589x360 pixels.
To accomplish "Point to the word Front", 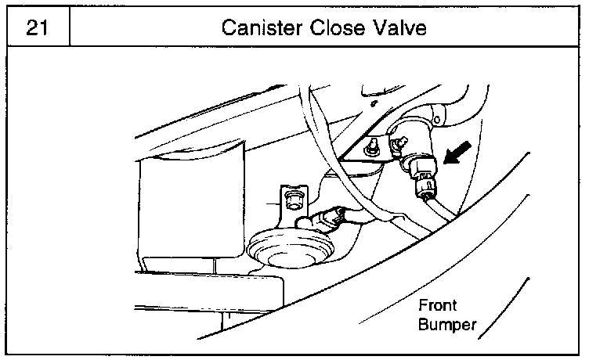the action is point(438,305).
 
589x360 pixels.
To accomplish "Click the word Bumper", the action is point(447,324).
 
